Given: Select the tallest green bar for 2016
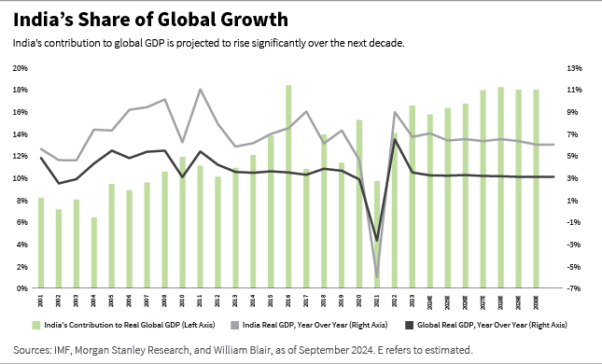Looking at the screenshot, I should click(288, 187).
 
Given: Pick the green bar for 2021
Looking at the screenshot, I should click(376, 234).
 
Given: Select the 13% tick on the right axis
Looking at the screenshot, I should click(573, 68).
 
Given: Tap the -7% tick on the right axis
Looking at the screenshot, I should click(573, 288).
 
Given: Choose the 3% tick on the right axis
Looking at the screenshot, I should click(573, 178).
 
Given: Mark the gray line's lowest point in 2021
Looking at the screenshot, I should click(376, 277).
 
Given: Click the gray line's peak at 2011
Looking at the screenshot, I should click(201, 90).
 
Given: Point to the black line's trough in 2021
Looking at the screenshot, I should click(376, 241).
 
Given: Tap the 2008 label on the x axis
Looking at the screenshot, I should click(164, 301).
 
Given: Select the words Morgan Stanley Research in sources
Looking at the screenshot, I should click(145, 350).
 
